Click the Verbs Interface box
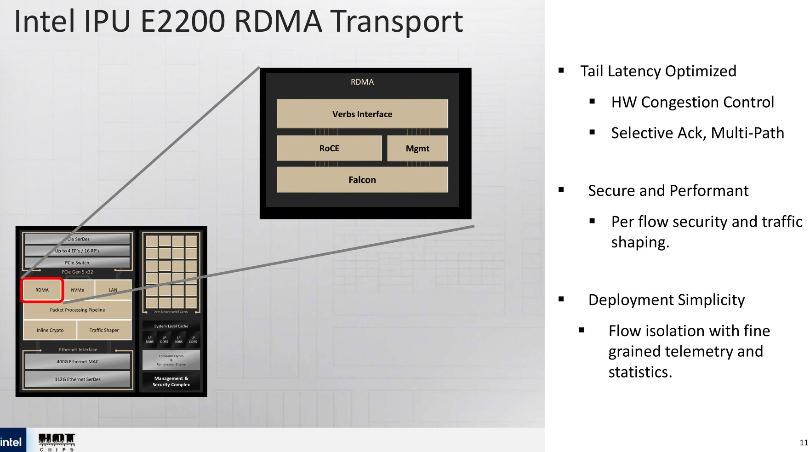point(362,114)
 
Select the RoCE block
point(329,148)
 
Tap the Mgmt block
point(417,148)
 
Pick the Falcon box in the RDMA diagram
point(362,179)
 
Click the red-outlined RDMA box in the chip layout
point(42,290)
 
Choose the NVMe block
point(78,290)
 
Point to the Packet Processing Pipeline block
point(77,310)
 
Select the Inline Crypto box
point(50,330)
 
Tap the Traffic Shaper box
point(104,330)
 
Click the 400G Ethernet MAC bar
point(77,361)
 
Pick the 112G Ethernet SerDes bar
point(77,379)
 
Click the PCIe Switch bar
point(77,263)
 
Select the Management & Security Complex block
point(171,382)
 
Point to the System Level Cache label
point(171,326)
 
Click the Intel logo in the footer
point(11,442)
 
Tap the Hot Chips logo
point(57,441)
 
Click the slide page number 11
point(804,442)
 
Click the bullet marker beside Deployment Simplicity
point(561,299)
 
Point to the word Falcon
point(362,180)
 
